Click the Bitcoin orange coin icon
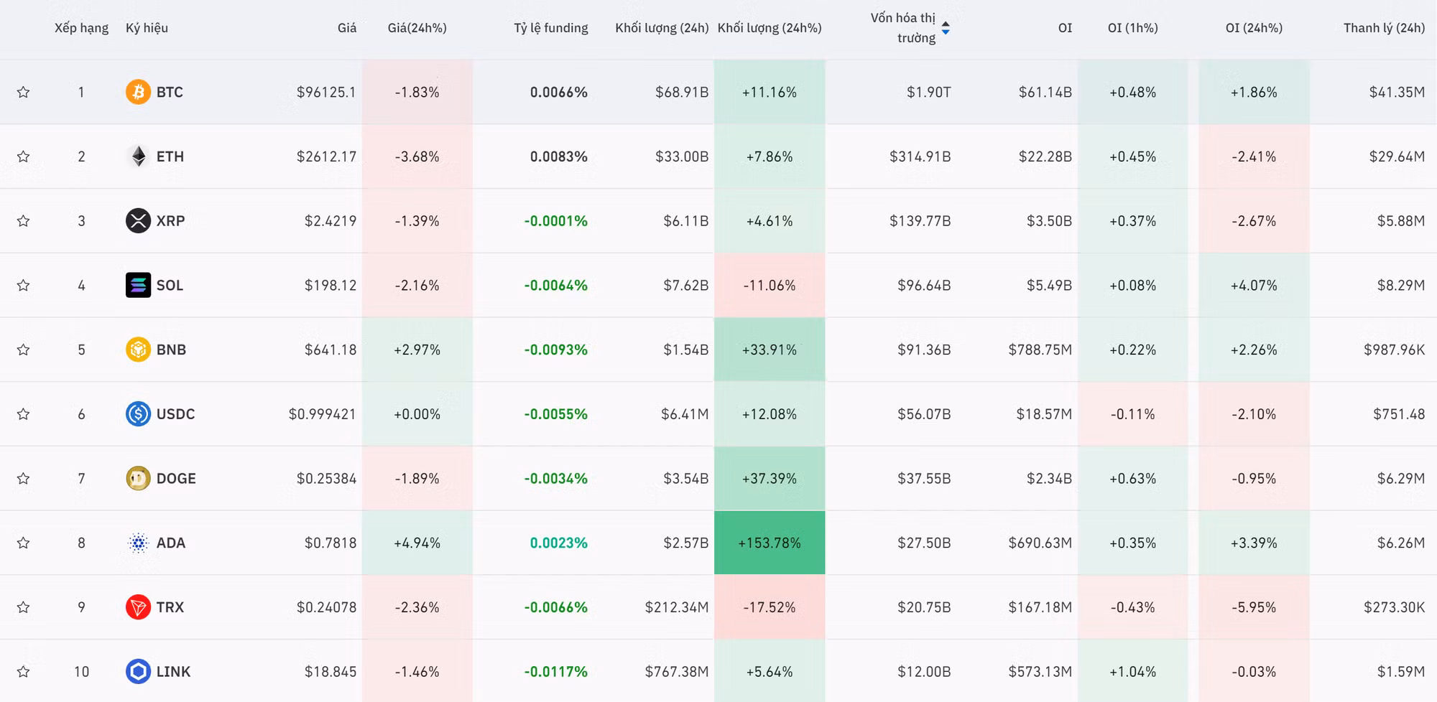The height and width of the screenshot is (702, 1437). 138,92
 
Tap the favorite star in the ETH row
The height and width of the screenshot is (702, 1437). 24,156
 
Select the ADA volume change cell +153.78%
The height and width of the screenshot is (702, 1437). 770,543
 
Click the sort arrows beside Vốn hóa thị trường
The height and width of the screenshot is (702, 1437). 946,28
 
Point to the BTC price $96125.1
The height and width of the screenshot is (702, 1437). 326,92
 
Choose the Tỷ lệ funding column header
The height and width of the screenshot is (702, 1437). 551,28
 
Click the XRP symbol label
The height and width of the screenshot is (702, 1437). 170,221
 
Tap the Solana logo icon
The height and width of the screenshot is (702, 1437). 138,285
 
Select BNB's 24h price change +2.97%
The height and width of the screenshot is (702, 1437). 417,350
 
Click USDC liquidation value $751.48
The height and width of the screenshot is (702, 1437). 1399,414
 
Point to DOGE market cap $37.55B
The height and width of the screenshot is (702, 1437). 924,479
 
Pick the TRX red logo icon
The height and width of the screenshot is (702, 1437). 138,607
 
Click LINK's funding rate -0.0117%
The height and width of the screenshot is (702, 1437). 556,672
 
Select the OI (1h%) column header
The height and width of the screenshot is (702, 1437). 1133,28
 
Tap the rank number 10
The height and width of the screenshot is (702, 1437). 81,672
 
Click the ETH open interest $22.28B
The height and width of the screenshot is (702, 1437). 1045,156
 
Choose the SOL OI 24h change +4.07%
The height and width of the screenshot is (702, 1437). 1254,285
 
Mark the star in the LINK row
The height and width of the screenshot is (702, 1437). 24,672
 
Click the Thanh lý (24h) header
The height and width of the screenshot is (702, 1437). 1384,28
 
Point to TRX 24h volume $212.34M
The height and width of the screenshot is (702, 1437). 677,607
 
